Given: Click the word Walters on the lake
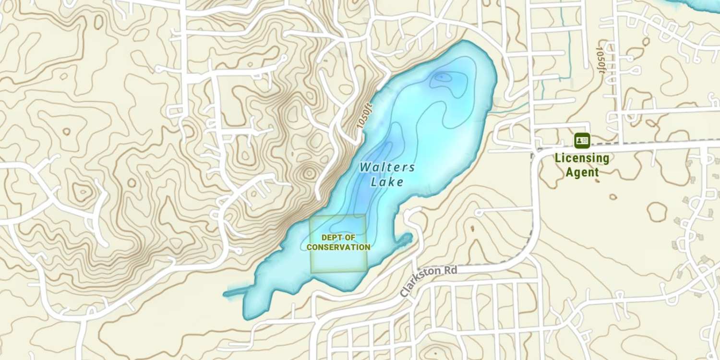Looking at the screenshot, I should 387,168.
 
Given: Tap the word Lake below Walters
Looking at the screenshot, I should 387,182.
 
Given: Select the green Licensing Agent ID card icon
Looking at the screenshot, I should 582,140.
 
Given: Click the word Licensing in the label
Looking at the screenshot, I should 582,158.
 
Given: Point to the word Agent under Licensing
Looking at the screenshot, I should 582,172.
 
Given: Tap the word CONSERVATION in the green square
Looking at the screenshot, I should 338,247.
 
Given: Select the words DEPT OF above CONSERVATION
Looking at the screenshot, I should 338,238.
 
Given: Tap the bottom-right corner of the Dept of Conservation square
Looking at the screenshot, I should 367,272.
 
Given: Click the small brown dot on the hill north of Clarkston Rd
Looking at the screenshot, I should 472,228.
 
